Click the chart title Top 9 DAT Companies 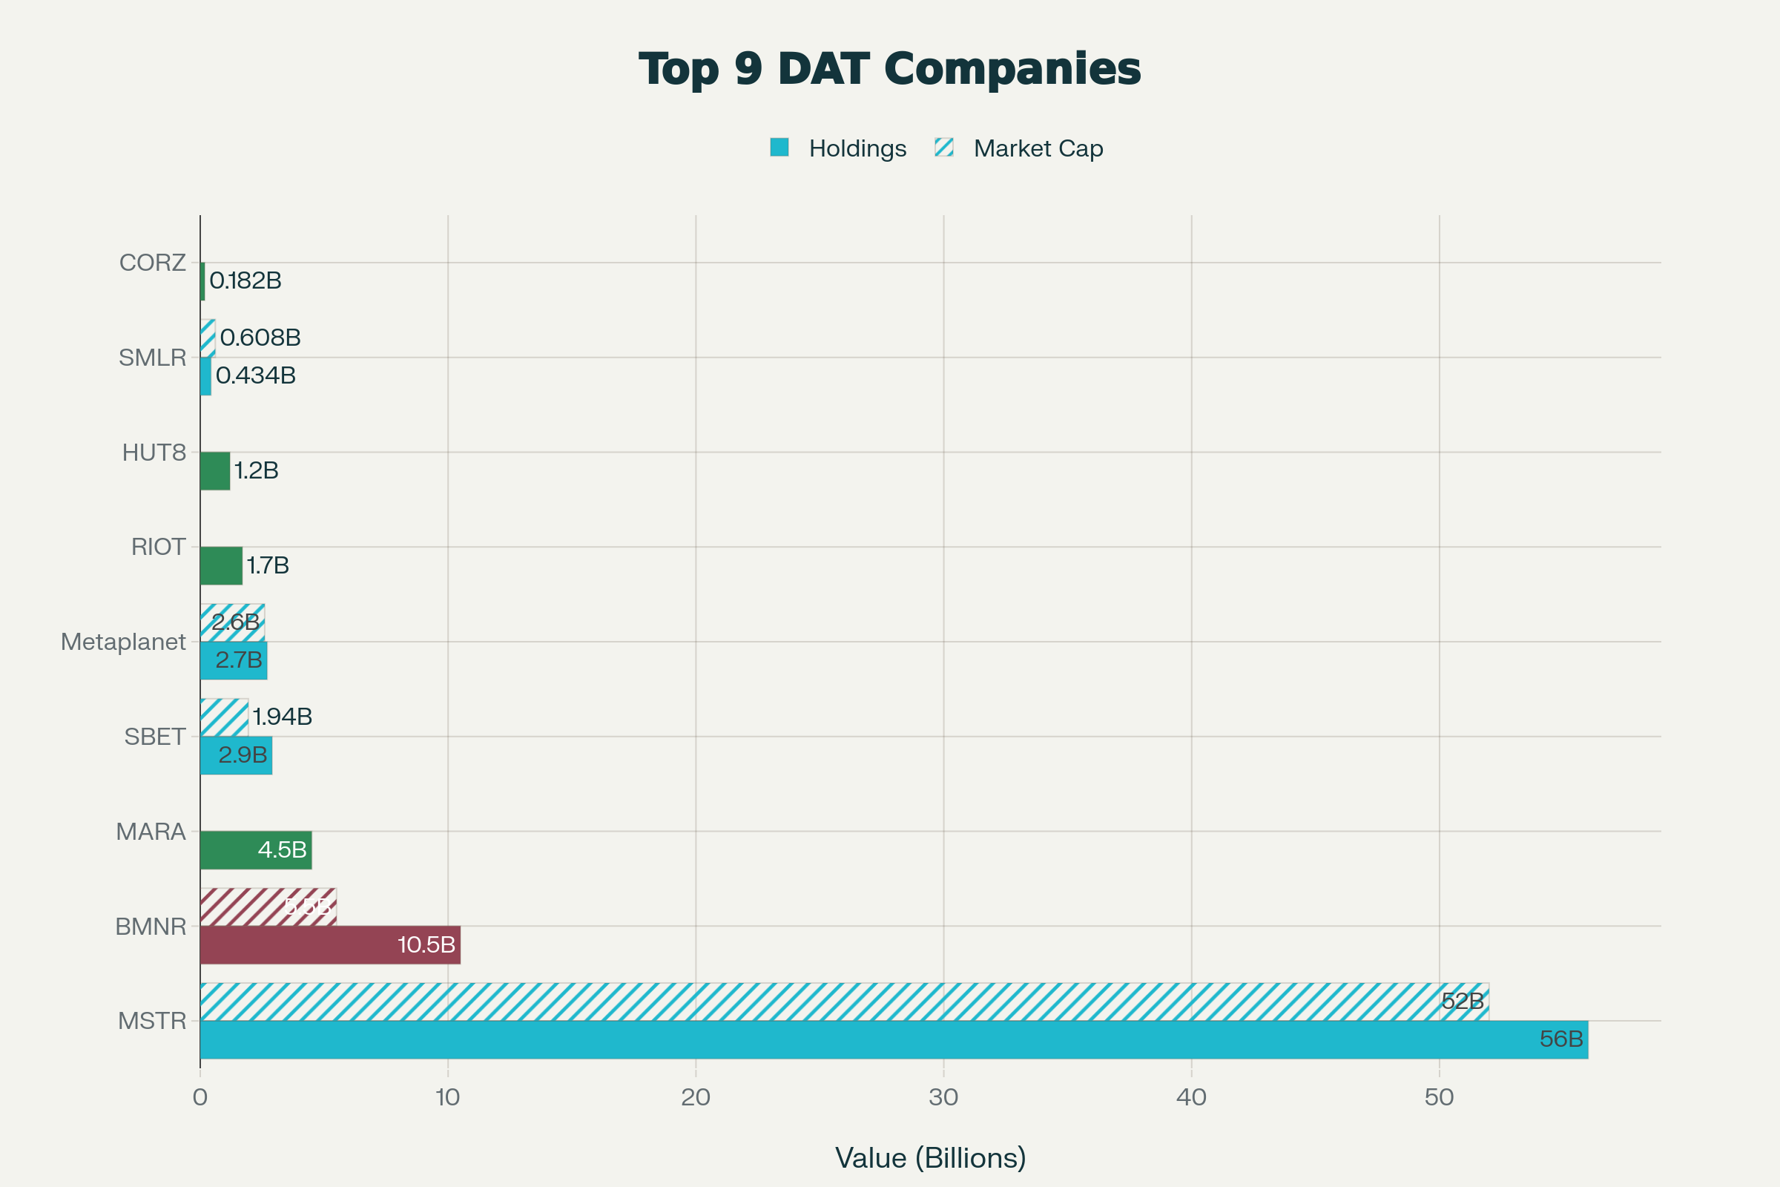(889, 69)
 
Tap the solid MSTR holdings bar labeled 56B (893, 1039)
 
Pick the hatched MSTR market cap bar (832, 1002)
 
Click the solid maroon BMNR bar (330, 944)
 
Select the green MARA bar (256, 850)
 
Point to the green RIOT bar (221, 565)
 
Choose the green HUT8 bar (215, 471)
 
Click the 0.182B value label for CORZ (245, 281)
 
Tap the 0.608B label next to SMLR (260, 338)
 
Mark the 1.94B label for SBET (283, 716)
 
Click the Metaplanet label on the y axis (123, 642)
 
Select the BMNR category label (151, 927)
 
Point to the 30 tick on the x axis (943, 1098)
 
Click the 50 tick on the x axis (1439, 1098)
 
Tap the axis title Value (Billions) (930, 1158)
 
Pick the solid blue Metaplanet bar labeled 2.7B (233, 661)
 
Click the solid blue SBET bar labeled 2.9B (236, 755)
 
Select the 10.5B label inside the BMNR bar (426, 944)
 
